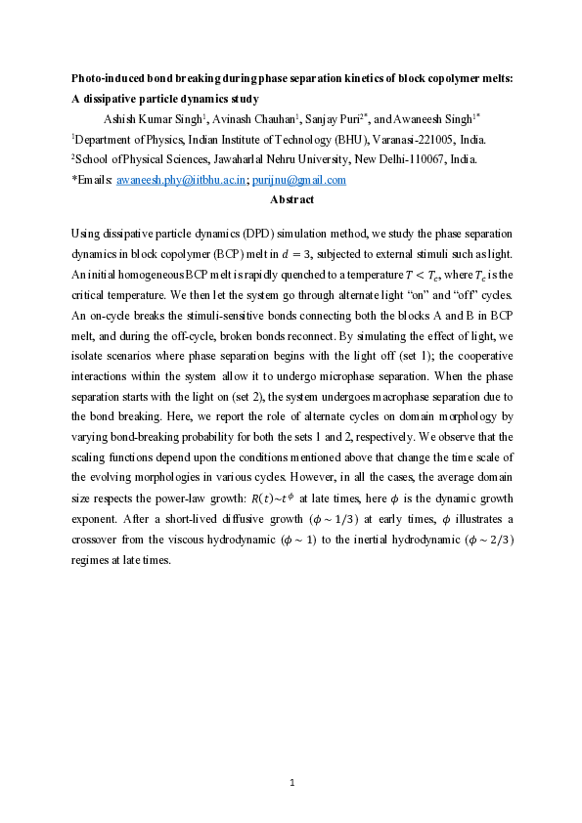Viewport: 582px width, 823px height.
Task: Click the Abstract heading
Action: coord(291,199)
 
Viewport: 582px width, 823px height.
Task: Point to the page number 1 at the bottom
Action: coord(291,781)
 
